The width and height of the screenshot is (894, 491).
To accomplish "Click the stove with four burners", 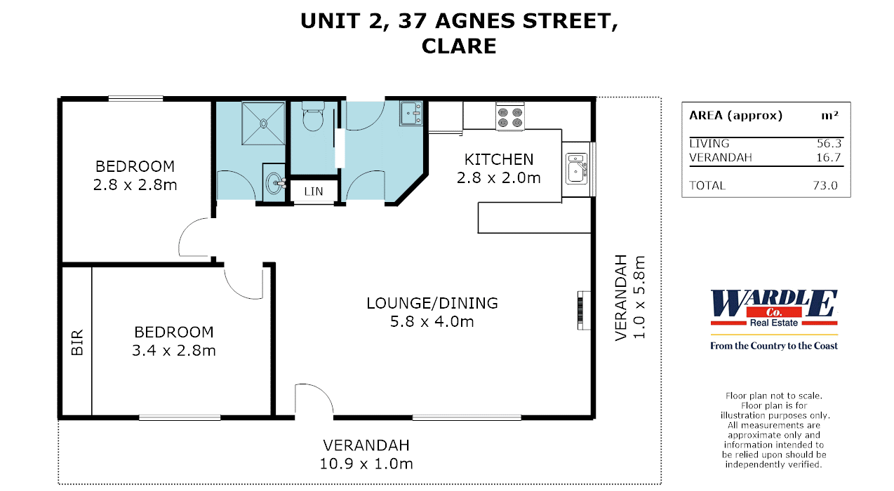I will click(510, 116).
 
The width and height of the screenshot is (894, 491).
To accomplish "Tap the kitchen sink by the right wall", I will click(576, 169).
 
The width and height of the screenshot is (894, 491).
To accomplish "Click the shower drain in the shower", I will click(264, 123).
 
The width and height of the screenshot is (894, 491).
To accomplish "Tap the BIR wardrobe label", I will click(77, 342).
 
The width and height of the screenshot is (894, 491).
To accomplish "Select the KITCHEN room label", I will click(499, 159).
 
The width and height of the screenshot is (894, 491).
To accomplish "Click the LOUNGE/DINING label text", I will click(432, 303).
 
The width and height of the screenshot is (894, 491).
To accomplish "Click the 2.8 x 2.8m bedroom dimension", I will click(135, 185).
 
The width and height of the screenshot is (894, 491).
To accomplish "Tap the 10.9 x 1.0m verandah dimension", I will click(367, 464).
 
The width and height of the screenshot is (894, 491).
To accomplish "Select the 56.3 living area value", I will click(828, 143).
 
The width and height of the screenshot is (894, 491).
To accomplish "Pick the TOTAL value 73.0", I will click(828, 186).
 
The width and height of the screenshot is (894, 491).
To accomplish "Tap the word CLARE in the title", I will click(459, 46).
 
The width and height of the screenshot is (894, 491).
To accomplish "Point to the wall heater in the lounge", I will click(580, 309).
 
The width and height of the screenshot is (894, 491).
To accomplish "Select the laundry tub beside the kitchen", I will click(411, 114).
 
